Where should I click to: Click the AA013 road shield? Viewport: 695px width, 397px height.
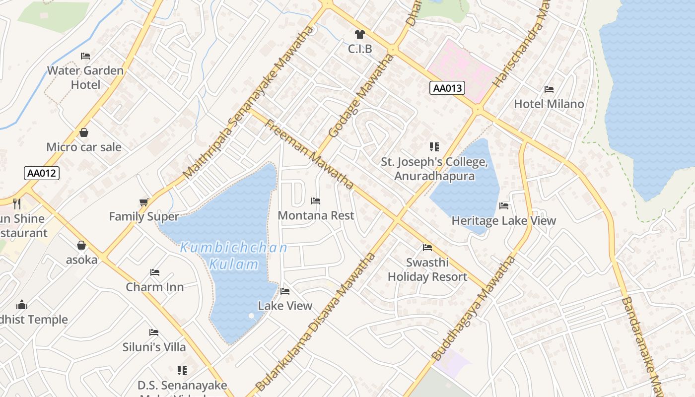coord(447,88)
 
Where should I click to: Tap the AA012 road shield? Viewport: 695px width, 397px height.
coord(42,173)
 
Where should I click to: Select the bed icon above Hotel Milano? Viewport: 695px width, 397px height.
coord(549,89)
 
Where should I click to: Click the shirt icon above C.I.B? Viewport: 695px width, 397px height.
coord(360,34)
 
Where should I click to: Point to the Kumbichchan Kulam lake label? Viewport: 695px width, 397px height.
coord(234,256)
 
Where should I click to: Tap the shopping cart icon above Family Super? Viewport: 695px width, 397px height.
coord(144,202)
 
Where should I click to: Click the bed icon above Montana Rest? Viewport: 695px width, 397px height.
coord(316,201)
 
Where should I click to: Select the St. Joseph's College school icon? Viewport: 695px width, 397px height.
coord(434,147)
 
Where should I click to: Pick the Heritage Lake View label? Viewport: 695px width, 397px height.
coord(503,221)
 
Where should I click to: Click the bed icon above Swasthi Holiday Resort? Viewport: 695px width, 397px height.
coord(427,248)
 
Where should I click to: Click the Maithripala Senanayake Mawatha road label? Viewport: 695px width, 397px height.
coord(249,102)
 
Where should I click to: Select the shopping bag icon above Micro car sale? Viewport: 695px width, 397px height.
coord(84,132)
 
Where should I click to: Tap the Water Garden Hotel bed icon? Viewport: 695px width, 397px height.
coord(85,56)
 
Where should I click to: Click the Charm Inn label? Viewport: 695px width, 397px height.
coord(154,287)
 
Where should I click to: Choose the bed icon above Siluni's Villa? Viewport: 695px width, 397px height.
coord(154,332)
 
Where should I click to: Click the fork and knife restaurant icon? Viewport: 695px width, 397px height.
coord(17,203)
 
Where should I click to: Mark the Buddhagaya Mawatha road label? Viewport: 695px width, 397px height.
coord(474,308)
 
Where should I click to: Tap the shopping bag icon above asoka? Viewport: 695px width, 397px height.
coord(81,245)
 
